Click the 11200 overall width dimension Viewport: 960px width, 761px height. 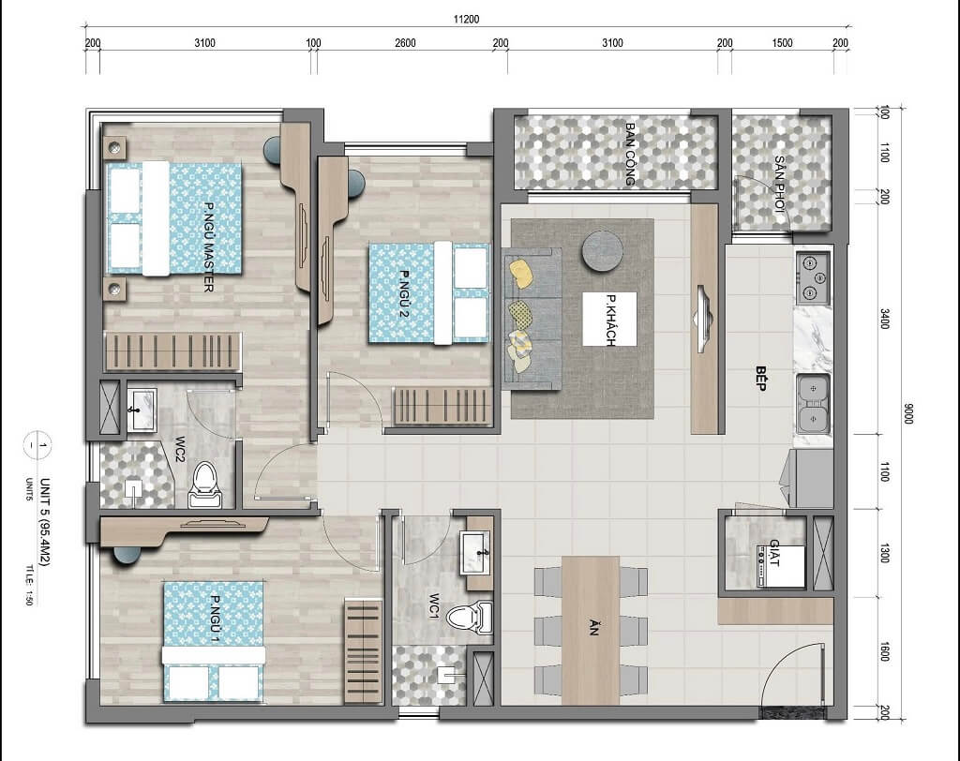(x=466, y=19)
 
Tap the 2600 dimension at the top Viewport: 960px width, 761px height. (x=405, y=43)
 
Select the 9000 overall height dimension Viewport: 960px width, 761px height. (x=907, y=413)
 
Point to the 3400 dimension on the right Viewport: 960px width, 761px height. (x=884, y=319)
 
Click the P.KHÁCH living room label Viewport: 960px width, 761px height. (x=610, y=321)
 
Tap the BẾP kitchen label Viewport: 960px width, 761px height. (x=761, y=379)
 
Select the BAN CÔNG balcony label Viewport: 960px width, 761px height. (x=630, y=154)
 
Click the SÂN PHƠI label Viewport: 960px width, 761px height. (x=779, y=184)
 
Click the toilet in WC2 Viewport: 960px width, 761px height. (x=204, y=485)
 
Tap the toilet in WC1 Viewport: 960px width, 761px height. (x=470, y=617)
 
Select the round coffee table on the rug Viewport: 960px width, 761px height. (x=603, y=250)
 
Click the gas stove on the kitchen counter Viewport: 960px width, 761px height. (x=813, y=278)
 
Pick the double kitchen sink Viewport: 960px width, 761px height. (x=813, y=404)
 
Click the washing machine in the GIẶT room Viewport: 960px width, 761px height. (x=779, y=567)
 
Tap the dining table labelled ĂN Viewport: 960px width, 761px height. (x=591, y=630)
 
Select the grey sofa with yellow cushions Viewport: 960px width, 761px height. (x=532, y=319)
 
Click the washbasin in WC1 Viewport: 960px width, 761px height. (x=477, y=553)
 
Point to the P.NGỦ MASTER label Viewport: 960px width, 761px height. (x=208, y=246)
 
